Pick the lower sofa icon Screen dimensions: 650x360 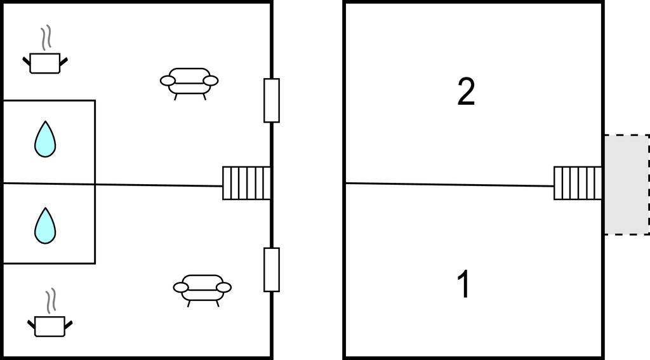202,289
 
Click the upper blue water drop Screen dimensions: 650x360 45,140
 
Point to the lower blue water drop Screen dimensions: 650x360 45,227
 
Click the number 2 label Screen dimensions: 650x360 466,92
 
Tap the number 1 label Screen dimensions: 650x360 464,284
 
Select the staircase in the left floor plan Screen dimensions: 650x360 246,183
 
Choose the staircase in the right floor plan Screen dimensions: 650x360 578,183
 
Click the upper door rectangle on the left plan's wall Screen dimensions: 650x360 272,100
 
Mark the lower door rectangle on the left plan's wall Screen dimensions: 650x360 272,270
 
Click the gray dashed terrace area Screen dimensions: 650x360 627,185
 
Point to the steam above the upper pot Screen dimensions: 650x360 46,37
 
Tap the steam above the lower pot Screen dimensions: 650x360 51,301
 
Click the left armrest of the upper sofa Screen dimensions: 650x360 168,81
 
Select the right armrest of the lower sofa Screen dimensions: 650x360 224,287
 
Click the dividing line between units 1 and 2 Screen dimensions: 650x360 449,185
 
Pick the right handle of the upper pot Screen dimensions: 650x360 63,62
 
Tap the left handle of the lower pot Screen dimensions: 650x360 32,324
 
